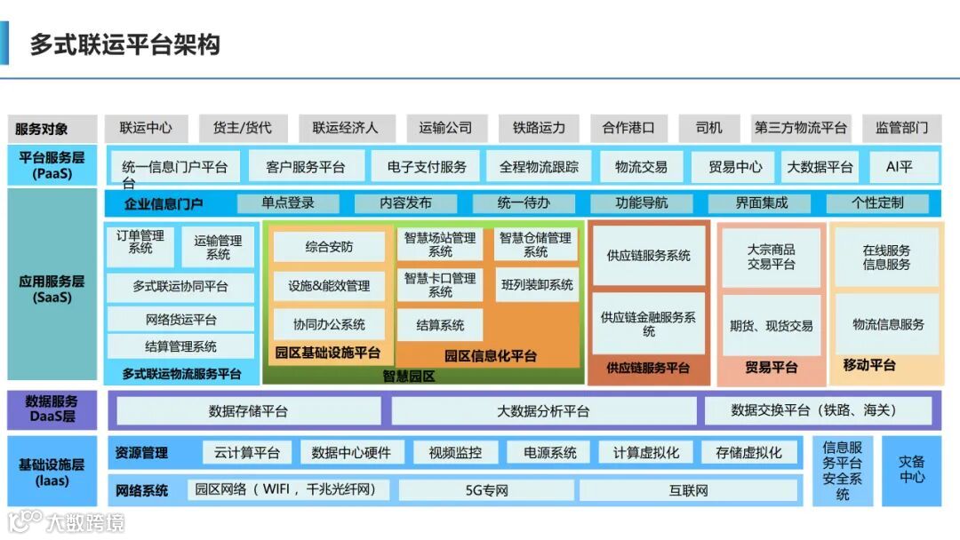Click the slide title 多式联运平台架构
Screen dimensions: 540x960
[x=124, y=44]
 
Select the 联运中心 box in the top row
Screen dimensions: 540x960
[x=147, y=128]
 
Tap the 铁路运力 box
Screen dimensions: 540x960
[x=539, y=128]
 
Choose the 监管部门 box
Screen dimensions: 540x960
[x=901, y=128]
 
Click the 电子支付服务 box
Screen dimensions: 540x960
[x=427, y=167]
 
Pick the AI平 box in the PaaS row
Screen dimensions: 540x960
[x=899, y=167]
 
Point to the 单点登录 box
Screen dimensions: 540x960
[x=288, y=203]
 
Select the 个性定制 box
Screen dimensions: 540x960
[x=876, y=203]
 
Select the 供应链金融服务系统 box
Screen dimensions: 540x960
[x=648, y=323]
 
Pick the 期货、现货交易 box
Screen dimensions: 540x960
[x=771, y=326]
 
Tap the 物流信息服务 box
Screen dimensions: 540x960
[x=887, y=324]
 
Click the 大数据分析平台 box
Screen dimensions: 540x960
[x=542, y=411]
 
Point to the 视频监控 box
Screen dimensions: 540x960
[x=455, y=453]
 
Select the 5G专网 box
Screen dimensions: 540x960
[x=486, y=490]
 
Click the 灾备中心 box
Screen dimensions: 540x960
[x=911, y=470]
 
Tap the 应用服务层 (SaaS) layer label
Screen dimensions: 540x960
[x=52, y=289]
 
